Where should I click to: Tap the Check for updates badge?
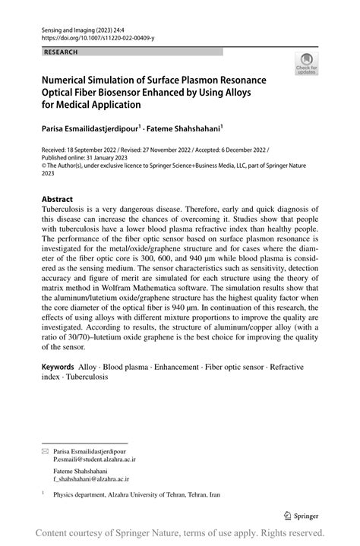coord(307,65)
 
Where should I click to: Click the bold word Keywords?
coord(62,365)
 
